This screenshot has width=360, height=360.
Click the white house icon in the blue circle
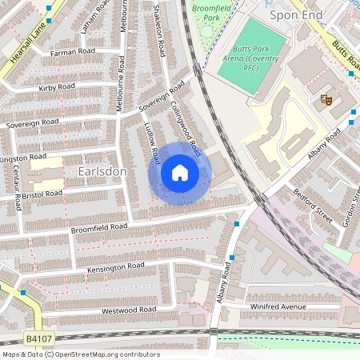(x=180, y=173)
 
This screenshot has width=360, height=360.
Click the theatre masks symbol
(x=326, y=99)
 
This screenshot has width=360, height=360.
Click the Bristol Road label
(x=42, y=194)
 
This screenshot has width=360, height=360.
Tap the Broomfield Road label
(x=99, y=227)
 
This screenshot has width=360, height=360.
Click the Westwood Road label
(x=128, y=310)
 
